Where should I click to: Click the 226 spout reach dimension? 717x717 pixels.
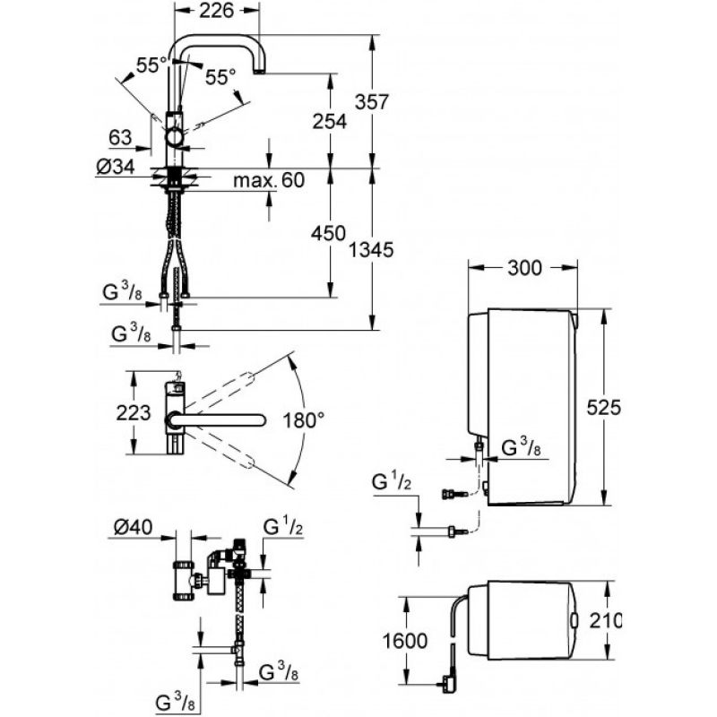pos(216,10)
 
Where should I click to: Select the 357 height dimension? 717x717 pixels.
pos(372,102)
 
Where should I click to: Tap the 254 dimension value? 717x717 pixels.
pos(329,121)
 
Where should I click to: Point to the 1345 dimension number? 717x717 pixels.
pos(371,250)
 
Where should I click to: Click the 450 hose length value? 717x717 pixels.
pos(328,234)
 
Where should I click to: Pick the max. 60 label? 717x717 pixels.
pos(269,180)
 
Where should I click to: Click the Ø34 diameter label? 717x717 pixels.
pos(117,167)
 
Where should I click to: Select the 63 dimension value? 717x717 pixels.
pos(120,137)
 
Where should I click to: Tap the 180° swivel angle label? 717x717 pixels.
pos(303,419)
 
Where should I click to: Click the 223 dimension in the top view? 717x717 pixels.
pos(133,413)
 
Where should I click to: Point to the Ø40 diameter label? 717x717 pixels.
pos(133,527)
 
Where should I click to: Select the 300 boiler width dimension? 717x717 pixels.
pos(524,267)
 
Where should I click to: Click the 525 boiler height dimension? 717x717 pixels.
pos(603,407)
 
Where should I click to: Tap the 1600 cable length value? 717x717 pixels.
pos(405,641)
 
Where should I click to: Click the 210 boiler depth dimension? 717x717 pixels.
pos(605,620)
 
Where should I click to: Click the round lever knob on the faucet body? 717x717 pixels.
pos(175,137)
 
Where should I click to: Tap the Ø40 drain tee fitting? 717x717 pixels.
pos(184,579)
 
